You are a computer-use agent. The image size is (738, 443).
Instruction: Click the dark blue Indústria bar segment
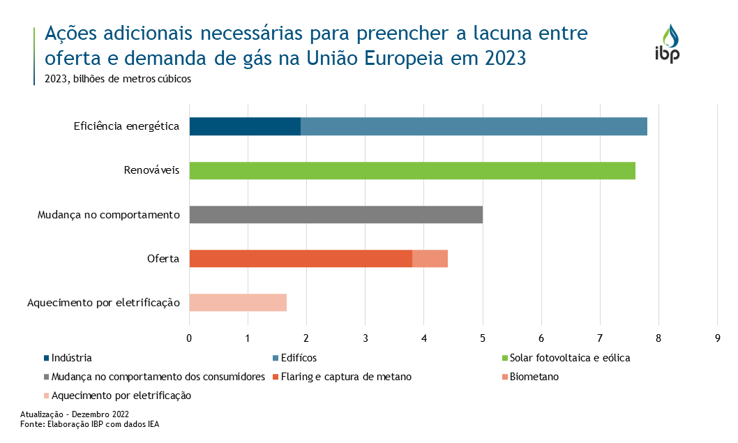click(x=245, y=126)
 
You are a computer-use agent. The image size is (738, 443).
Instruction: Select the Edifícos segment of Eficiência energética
click(x=474, y=126)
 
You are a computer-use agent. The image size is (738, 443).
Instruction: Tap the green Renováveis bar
click(x=412, y=170)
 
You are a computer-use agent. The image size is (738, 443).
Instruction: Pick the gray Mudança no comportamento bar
click(x=336, y=214)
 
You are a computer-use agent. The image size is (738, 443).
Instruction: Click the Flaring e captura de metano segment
click(x=301, y=258)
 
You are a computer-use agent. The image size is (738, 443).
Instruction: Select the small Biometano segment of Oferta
click(x=430, y=258)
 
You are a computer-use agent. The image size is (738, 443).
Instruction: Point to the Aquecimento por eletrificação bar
click(x=238, y=302)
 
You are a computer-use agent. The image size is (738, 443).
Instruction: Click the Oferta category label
click(x=163, y=259)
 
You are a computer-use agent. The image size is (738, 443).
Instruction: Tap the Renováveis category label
click(x=152, y=171)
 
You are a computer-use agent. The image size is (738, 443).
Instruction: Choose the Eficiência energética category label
click(x=127, y=127)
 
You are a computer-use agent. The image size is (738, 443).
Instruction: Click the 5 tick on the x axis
click(x=483, y=339)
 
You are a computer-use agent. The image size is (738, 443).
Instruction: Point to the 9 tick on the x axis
click(x=717, y=339)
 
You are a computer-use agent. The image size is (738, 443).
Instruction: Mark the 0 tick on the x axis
click(x=189, y=339)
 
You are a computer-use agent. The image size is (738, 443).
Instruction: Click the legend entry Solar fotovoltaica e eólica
click(x=566, y=358)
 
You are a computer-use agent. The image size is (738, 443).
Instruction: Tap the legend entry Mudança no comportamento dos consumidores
click(x=153, y=377)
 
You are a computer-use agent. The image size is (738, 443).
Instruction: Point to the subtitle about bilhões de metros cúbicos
click(x=118, y=79)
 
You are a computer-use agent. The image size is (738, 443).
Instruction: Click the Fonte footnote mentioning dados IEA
click(x=90, y=423)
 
